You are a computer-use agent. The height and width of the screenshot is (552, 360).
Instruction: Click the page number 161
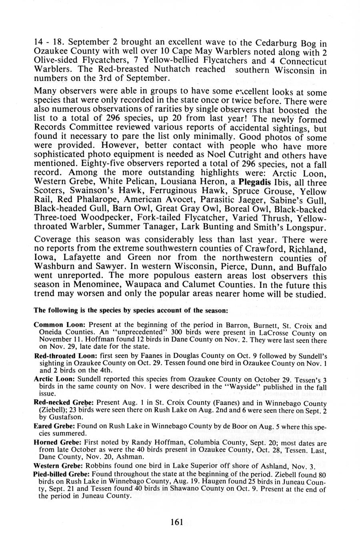(176, 522)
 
